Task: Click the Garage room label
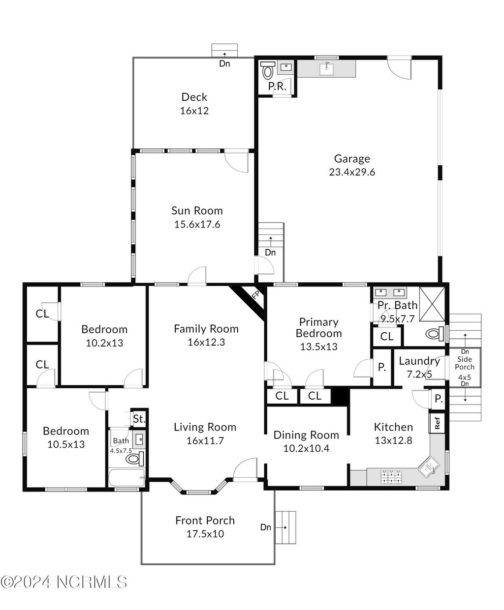352,159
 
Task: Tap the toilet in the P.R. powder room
267,70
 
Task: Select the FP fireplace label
255,295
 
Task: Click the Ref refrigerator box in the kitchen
437,423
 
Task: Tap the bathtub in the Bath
127,478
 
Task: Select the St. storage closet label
139,419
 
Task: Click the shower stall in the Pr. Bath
432,304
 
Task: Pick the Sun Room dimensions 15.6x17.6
197,224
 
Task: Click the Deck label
194,97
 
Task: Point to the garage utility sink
326,69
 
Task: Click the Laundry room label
419,361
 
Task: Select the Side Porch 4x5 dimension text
465,378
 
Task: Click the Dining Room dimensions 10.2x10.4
306,448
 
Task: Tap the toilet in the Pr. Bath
435,334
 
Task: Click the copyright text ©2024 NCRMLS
64,574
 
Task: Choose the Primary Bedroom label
318,327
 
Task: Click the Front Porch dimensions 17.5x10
205,533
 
